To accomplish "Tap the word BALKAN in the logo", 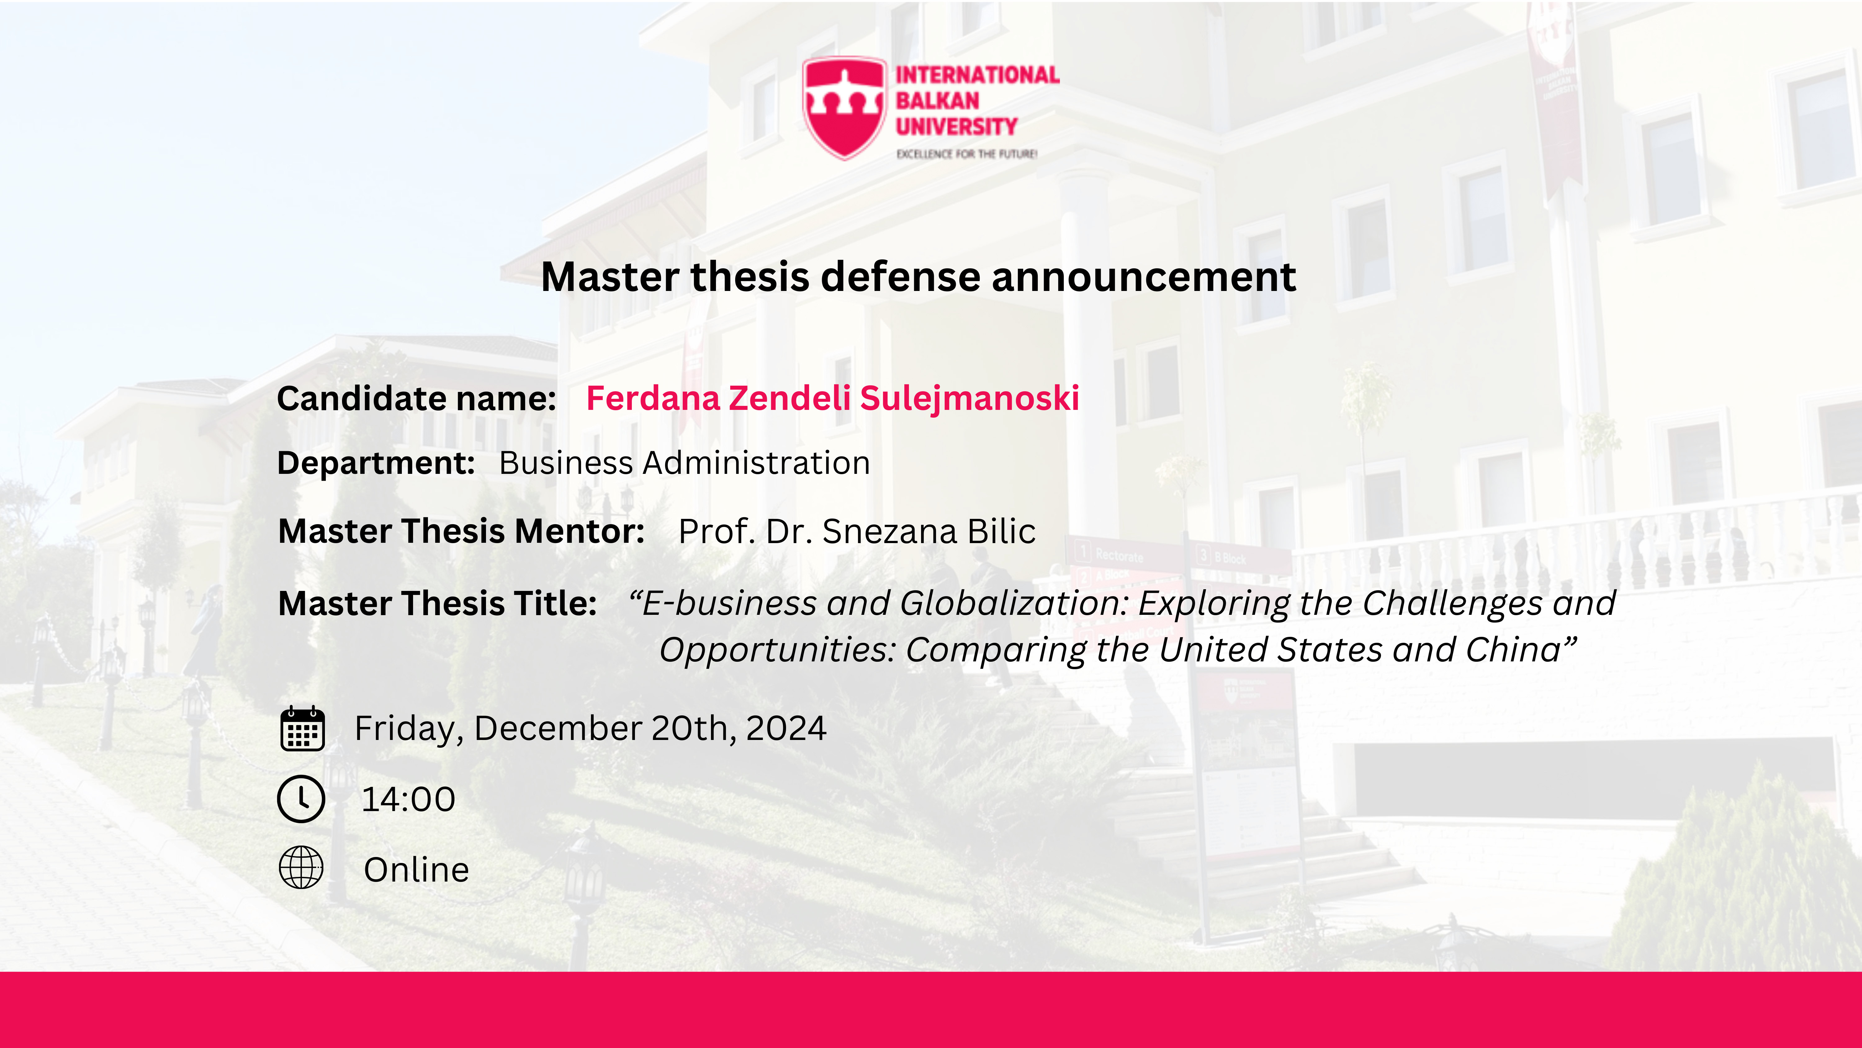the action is point(938,101).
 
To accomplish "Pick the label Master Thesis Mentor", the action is point(461,532).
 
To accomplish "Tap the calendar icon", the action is point(302,729).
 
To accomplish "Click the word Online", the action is point(416,870).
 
